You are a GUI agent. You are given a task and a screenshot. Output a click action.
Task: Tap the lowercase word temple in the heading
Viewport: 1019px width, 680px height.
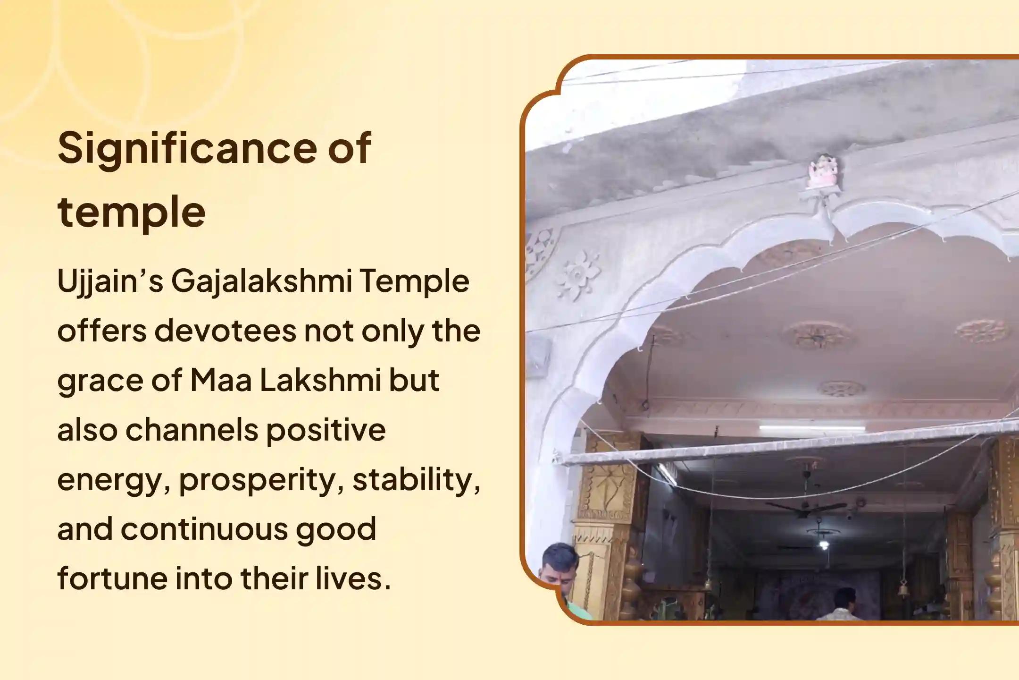(x=132, y=213)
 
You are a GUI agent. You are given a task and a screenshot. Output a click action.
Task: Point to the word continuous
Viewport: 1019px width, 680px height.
(x=204, y=529)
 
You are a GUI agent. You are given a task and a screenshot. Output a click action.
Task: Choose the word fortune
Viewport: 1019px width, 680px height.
(x=112, y=578)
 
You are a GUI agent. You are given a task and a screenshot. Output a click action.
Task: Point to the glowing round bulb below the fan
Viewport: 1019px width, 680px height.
(x=824, y=545)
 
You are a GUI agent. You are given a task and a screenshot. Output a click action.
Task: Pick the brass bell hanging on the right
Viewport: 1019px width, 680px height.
(x=904, y=588)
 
